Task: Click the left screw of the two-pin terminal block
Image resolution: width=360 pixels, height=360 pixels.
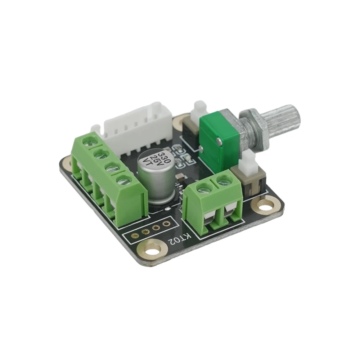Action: point(205,187)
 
